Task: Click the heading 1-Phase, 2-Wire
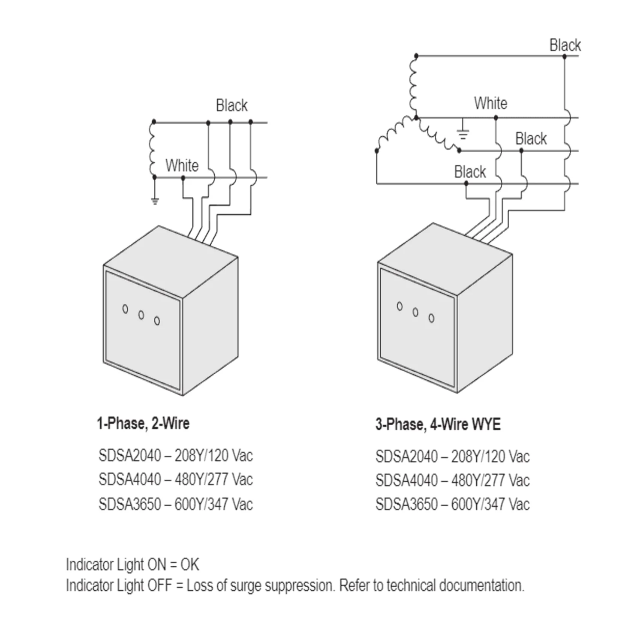pos(143,424)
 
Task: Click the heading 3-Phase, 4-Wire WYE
pos(438,424)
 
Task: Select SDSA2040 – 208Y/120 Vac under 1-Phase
pos(176,455)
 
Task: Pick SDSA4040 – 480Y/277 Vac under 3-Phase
pos(453,480)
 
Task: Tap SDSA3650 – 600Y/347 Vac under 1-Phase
pos(176,504)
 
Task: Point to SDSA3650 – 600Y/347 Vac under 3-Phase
pos(453,504)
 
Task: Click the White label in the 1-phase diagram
pos(182,165)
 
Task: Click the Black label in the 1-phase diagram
pos(232,105)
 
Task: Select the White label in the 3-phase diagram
pos(491,103)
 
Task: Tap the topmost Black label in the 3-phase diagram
pos(565,45)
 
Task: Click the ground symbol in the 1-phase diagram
pos(155,201)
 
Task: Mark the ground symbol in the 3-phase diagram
pos(463,135)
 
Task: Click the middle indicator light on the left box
pos(141,315)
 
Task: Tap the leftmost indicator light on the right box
pos(400,306)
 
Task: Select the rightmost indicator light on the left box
pos(157,321)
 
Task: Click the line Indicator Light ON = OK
pos(132,565)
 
